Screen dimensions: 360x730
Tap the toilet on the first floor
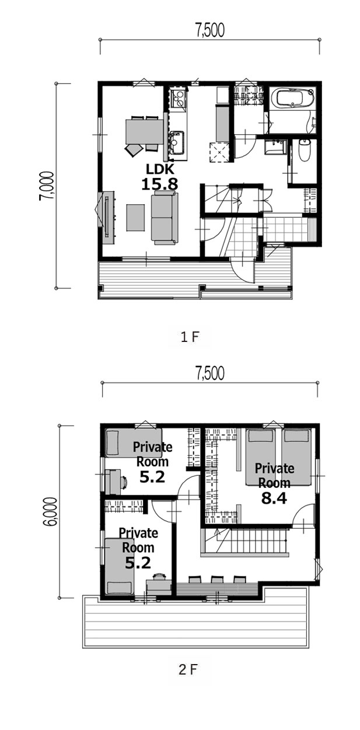tap(303, 151)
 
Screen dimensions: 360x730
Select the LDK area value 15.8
tap(159, 184)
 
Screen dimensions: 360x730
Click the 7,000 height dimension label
tap(46, 186)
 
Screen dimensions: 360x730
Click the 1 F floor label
tap(190, 337)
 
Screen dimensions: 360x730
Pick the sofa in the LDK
tap(165, 218)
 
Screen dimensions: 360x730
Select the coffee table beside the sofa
tap(135, 218)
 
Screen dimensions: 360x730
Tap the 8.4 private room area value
tap(274, 498)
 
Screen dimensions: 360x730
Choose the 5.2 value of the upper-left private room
tap(152, 477)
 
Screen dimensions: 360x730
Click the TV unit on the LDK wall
tap(109, 216)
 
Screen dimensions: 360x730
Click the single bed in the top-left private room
tap(134, 442)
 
